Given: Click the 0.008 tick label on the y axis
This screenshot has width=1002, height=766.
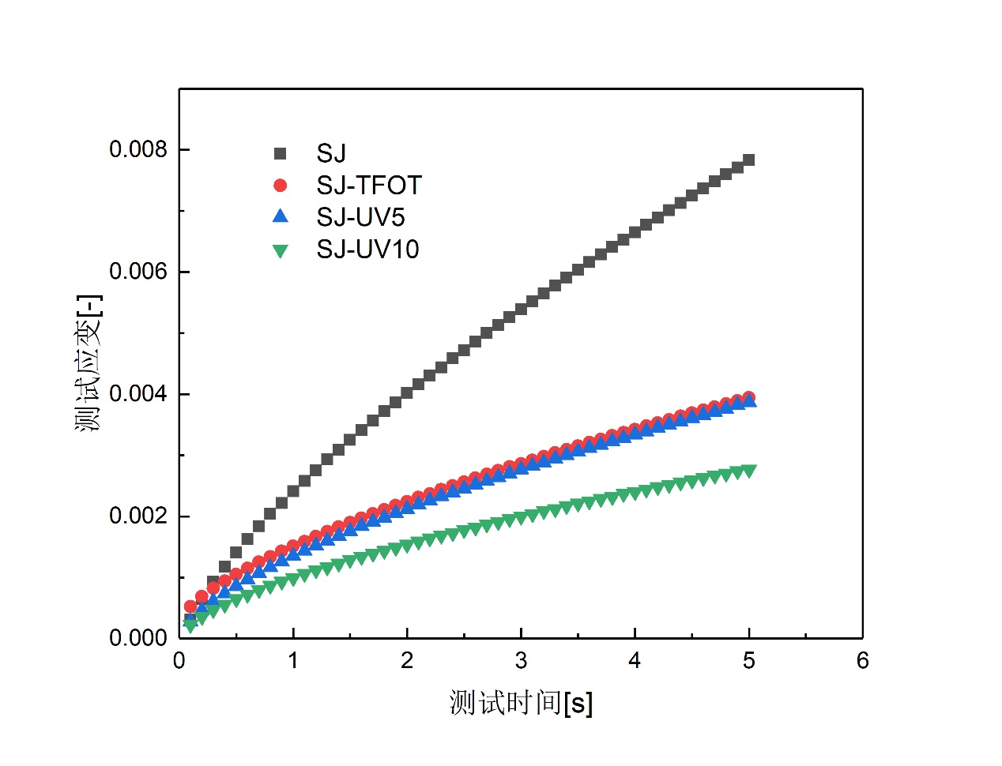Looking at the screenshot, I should pyautogui.click(x=138, y=149).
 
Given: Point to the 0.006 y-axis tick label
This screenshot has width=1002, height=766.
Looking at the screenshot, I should pyautogui.click(x=138, y=272).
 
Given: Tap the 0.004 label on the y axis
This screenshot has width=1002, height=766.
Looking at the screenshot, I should pyautogui.click(x=138, y=394).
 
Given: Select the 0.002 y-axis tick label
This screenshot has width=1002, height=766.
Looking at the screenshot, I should pyautogui.click(x=138, y=516).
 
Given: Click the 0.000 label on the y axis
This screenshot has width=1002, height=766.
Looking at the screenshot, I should pyautogui.click(x=138, y=638).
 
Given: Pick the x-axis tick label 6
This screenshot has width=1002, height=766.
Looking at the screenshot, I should pyautogui.click(x=862, y=661).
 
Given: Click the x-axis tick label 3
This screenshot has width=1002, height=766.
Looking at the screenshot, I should pyautogui.click(x=521, y=661).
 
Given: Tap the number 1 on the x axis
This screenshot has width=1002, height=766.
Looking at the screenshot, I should pyautogui.click(x=293, y=661).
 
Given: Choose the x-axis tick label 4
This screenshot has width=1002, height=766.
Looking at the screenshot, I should pyautogui.click(x=635, y=661).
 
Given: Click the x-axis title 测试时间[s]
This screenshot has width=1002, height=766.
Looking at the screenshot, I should pyautogui.click(x=521, y=702).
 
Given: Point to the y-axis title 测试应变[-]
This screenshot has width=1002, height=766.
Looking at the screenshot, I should pyautogui.click(x=89, y=364).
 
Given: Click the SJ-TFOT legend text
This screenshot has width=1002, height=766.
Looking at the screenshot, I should pyautogui.click(x=369, y=186).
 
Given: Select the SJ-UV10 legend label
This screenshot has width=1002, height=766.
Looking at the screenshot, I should pyautogui.click(x=367, y=250).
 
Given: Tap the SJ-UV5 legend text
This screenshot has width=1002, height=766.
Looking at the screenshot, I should pyautogui.click(x=360, y=217).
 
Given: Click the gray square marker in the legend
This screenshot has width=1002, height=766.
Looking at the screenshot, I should pyautogui.click(x=280, y=153).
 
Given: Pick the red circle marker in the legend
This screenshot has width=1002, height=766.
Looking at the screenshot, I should pyautogui.click(x=280, y=185).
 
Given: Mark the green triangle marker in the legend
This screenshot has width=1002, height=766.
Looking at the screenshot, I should pyautogui.click(x=280, y=250).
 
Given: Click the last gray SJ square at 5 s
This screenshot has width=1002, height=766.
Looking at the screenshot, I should pyautogui.click(x=748, y=160).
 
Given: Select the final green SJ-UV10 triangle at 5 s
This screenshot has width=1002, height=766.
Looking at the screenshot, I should pyautogui.click(x=748, y=471).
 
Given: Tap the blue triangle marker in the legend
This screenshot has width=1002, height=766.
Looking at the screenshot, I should pyautogui.click(x=280, y=216).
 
